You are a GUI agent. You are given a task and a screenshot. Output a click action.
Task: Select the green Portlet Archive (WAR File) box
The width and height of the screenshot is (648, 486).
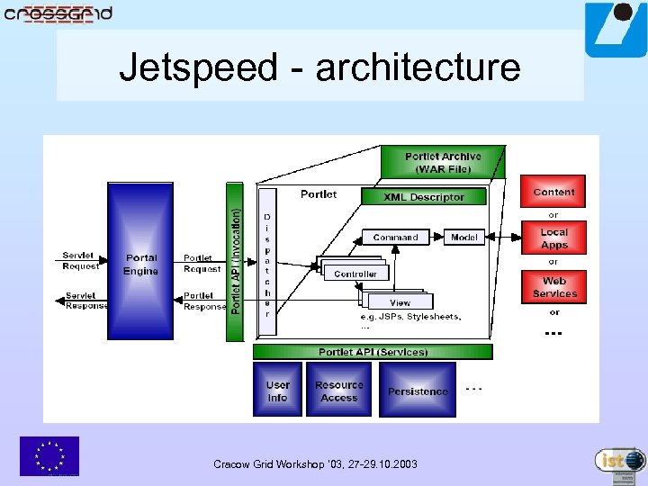442,163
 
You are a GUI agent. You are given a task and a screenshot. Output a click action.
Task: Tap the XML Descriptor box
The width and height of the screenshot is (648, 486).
423,197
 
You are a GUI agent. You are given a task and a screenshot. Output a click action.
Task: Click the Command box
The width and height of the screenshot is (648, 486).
395,238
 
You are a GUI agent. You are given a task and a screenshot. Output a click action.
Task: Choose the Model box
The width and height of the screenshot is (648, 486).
464,238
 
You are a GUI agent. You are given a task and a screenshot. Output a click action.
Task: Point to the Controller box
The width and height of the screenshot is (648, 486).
355,273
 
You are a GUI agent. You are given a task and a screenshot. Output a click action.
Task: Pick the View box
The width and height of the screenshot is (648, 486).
400,302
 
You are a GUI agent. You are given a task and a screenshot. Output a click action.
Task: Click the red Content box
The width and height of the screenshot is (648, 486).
553,192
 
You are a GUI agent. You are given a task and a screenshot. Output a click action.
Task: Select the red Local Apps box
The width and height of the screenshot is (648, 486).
553,238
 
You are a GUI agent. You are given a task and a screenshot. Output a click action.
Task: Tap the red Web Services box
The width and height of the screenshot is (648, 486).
553,287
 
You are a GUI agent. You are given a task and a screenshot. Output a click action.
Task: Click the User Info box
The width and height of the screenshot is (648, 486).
277,391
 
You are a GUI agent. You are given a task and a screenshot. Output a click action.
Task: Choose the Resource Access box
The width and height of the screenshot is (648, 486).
338,391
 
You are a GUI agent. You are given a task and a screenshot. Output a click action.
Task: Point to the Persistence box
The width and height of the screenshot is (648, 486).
417,391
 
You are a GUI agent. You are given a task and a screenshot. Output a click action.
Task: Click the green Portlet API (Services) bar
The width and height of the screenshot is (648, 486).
373,352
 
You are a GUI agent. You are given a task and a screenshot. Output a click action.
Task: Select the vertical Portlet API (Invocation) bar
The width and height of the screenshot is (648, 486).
235,262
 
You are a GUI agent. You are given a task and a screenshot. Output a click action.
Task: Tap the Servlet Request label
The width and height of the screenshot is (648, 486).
81,260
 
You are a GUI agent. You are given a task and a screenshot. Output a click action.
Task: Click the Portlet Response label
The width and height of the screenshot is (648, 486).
203,301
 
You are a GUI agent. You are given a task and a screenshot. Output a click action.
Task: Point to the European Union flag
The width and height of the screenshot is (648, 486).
49,455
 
